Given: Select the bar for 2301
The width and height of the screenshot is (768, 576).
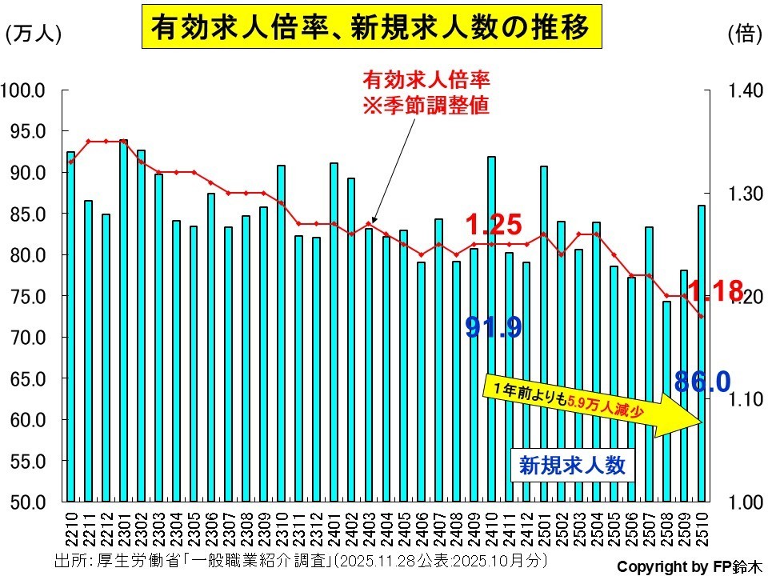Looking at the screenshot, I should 123,320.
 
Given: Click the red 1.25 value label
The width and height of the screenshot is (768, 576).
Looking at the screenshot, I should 494,225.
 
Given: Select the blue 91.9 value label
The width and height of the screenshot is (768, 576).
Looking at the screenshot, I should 494,327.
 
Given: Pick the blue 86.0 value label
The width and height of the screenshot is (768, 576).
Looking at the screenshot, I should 702,382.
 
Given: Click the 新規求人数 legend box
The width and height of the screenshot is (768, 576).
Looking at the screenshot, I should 572,465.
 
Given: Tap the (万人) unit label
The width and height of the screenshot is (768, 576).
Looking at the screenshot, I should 33,34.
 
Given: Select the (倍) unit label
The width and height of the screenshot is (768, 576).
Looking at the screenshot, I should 742,34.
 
